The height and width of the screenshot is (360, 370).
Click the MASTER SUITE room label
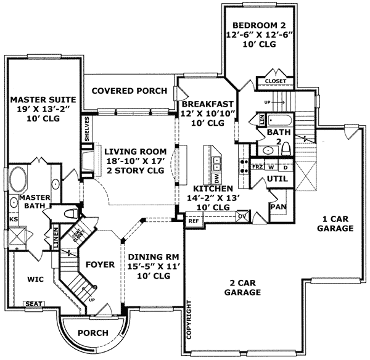point(43,99)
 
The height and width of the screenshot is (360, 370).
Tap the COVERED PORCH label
point(129,91)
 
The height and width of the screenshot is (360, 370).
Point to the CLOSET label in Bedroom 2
point(275,81)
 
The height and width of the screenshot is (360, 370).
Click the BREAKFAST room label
point(206,104)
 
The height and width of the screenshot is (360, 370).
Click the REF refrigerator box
point(194,220)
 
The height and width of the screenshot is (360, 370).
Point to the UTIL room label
point(275,179)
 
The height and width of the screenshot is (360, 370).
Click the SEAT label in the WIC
point(32,303)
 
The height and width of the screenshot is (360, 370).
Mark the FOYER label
point(99,265)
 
